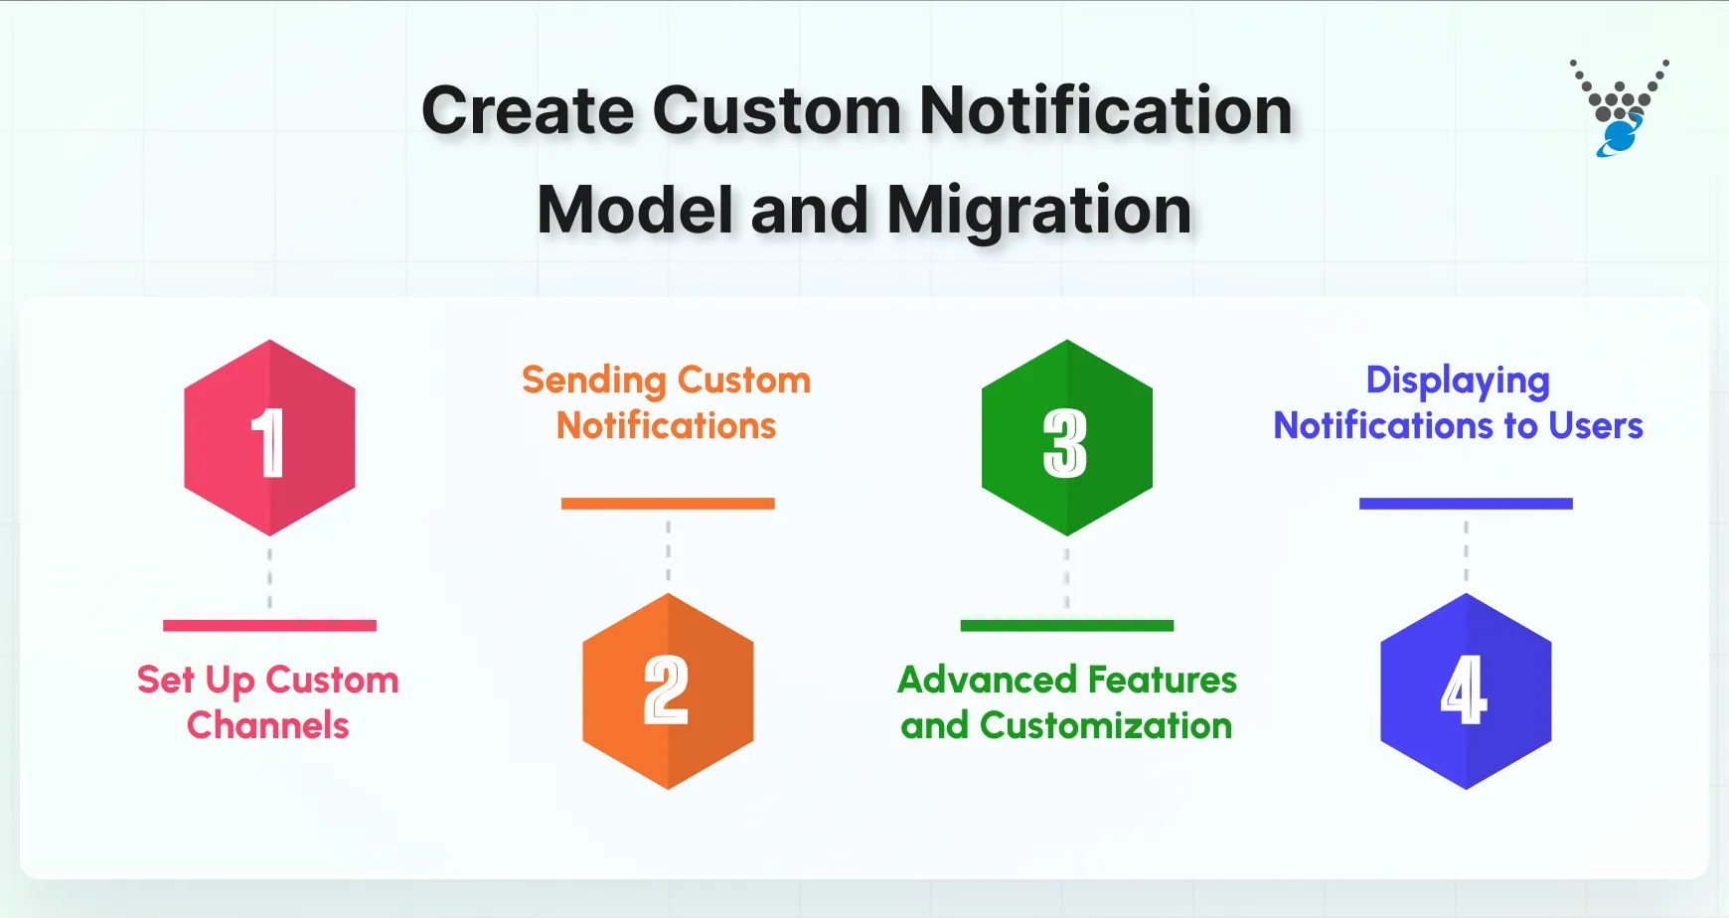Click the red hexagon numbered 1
pos(269,438)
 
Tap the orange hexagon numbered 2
pos(668,691)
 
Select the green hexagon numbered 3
pos(1066,438)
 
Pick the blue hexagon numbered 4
pos(1466,691)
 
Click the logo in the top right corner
pos(1619,109)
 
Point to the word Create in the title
pos(527,110)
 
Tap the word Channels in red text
pos(268,725)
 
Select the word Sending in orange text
pos(593,381)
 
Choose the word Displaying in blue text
pos(1458,381)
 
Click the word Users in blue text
pos(1595,426)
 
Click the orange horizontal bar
pos(668,504)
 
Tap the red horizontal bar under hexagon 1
pos(269,626)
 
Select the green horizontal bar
pos(1066,626)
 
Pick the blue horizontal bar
pos(1466,504)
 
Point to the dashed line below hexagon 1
pos(269,576)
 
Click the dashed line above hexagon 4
pos(1466,551)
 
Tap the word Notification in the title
pos(1105,110)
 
